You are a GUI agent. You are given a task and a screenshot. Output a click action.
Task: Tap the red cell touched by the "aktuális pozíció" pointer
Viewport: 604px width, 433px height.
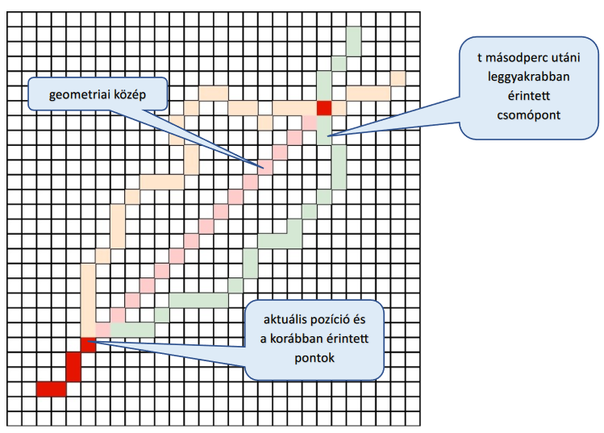click(88, 344)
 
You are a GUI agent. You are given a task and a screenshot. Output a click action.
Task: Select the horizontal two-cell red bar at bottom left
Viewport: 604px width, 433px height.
click(51, 389)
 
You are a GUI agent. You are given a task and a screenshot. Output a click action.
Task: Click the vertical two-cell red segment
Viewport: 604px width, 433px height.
click(73, 366)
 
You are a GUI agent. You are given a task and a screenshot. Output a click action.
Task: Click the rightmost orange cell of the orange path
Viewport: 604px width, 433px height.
click(398, 78)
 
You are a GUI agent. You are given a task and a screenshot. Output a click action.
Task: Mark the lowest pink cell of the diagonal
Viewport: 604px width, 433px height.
click(102, 329)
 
